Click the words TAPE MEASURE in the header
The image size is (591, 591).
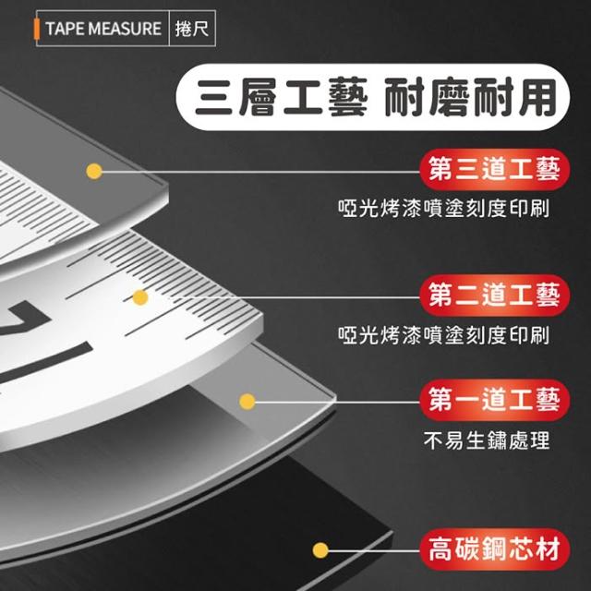(103, 29)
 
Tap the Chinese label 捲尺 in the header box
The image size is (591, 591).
(192, 29)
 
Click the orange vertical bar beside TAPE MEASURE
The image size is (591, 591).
(37, 29)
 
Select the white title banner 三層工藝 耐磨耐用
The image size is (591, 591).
(372, 97)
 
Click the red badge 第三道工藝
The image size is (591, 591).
(495, 170)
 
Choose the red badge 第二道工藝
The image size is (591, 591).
(495, 295)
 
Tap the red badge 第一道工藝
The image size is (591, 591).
(495, 400)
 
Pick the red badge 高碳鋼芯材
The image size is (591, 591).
(495, 549)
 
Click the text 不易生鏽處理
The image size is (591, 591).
(487, 440)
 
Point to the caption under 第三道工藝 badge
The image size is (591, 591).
(443, 208)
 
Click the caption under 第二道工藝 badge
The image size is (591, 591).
(443, 335)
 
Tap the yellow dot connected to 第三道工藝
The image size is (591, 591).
(94, 172)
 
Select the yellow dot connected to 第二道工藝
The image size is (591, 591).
(140, 297)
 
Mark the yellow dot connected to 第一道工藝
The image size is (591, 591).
(247, 401)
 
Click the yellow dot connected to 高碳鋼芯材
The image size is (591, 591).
(320, 550)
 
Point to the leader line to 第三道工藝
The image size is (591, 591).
(260, 172)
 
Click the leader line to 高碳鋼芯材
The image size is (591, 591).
(374, 550)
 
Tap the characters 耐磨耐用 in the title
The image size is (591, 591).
(470, 97)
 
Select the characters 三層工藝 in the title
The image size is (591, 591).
(281, 97)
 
